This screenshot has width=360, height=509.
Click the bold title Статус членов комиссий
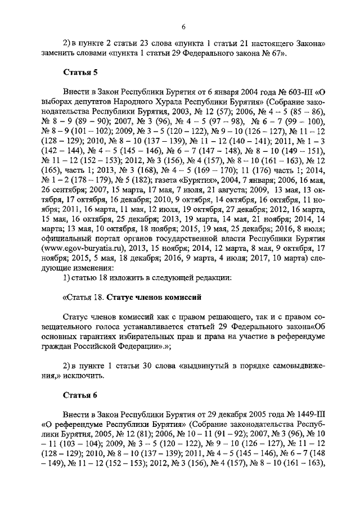(154, 296)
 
